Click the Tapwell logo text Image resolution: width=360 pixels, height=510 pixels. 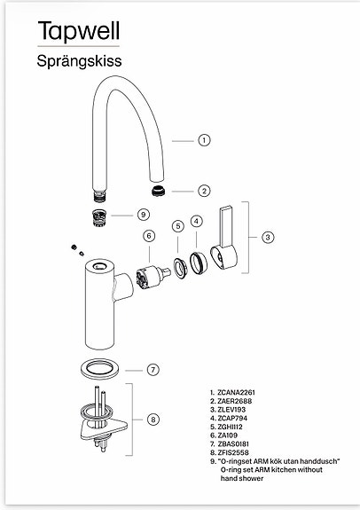coord(79,31)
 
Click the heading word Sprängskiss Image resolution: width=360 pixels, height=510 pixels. coord(79,61)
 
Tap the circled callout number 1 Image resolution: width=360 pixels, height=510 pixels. coord(204,140)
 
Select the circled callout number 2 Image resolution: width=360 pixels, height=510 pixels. coord(204,191)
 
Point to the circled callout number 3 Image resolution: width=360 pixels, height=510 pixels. coord(268,237)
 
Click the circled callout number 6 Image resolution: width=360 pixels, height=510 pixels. coord(149,236)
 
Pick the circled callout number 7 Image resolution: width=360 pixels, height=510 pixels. coord(153,370)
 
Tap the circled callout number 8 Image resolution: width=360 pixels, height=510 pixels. coord(153,420)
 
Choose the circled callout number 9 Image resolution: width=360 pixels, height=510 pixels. coord(144,215)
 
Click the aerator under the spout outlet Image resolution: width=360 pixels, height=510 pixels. coord(159,191)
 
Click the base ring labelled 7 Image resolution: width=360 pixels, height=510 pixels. coord(99,368)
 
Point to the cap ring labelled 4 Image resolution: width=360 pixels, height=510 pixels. coord(198,263)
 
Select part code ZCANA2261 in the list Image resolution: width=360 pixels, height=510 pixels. coord(236,393)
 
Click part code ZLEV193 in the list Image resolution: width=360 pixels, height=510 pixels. coord(231,410)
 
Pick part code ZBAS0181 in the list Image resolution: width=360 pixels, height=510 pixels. coord(233,443)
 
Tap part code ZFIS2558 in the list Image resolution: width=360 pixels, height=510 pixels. coord(233,452)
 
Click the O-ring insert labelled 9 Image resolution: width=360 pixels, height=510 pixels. coord(99,217)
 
